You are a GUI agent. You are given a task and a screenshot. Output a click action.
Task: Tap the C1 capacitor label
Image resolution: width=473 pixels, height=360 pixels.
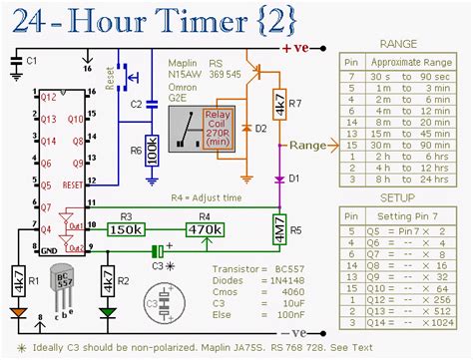[x=30, y=62]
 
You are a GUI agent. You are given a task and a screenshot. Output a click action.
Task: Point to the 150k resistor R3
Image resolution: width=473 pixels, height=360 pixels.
[x=125, y=230]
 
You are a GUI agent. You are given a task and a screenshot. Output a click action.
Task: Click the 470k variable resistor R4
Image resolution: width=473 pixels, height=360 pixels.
[x=206, y=230]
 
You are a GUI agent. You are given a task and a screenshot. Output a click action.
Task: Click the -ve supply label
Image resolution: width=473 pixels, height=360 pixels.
[x=301, y=332]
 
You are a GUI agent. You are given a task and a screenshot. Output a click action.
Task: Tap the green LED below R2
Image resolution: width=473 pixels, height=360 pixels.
[x=108, y=313]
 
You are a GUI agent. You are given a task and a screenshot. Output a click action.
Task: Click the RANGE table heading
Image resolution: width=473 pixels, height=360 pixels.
[x=401, y=43]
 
